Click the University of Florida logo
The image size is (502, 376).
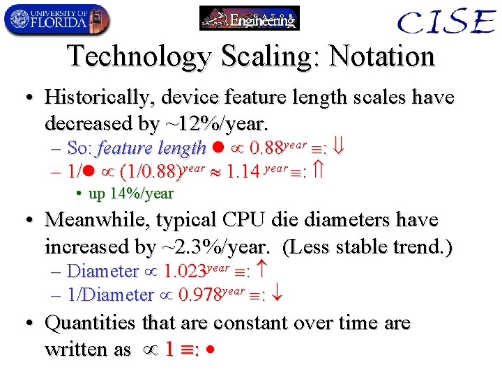pyautogui.click(x=56, y=19)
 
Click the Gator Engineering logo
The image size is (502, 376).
pyautogui.click(x=249, y=18)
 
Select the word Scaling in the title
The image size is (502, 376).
pyautogui.click(x=264, y=56)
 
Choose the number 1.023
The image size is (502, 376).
pyautogui.click(x=184, y=271)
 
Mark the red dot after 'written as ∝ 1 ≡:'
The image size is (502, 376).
pyautogui.click(x=211, y=350)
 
